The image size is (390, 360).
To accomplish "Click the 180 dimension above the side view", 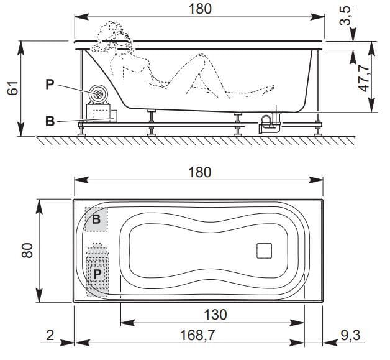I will (x=199, y=9).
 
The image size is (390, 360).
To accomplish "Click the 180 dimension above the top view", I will (x=199, y=172).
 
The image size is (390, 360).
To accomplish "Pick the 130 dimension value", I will (x=213, y=314).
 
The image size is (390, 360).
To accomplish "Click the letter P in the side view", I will (x=49, y=83).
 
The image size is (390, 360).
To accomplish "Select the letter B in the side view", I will (x=49, y=121).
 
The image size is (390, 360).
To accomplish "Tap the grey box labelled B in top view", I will (x=96, y=219).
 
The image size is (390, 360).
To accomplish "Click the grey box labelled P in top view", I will (x=97, y=272).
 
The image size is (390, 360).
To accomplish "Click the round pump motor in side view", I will (x=97, y=94).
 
